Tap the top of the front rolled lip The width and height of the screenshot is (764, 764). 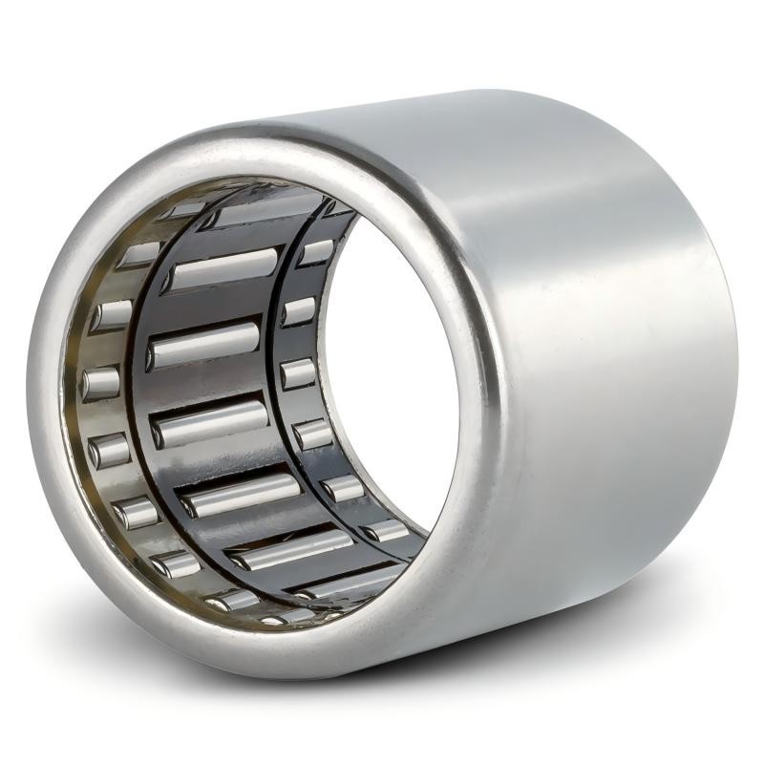point(267,146)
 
